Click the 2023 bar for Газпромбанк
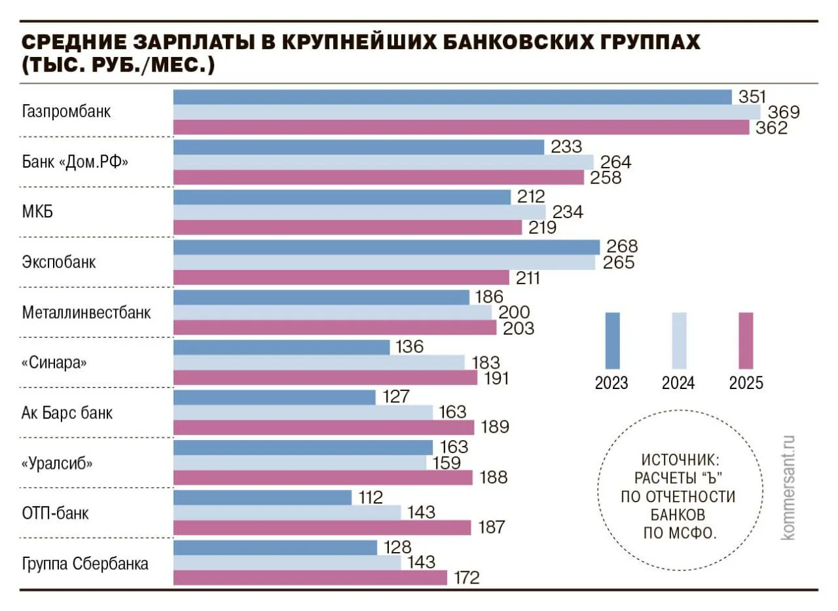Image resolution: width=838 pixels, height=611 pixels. coord(452,97)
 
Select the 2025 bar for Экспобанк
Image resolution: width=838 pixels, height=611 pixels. coord(340,278)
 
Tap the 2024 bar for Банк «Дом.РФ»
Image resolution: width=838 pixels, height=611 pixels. coord(383,162)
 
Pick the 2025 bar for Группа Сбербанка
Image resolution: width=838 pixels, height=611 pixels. coord(310,578)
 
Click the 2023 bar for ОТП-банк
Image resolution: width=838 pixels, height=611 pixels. coord(262,498)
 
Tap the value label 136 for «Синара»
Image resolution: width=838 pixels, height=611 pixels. coord(410,346)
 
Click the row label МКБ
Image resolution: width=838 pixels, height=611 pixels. coord(37,212)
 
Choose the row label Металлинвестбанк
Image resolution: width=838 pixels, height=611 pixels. coord(86,312)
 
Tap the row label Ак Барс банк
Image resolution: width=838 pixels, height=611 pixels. coord(67,413)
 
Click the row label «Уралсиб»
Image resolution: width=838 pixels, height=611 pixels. coord(57,463)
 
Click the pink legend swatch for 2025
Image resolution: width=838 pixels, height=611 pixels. coord(746,341)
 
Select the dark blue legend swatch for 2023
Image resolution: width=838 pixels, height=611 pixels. coord(612,341)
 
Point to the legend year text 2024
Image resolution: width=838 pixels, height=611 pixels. coord(678,383)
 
